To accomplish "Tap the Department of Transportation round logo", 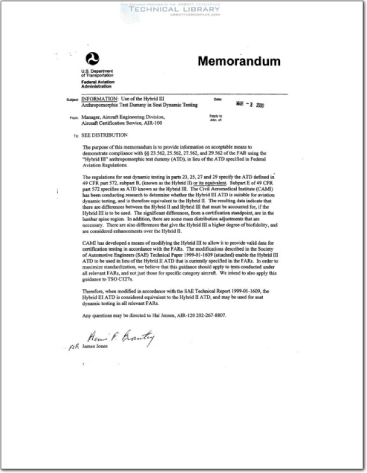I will [92, 59].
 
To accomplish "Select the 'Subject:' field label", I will [73, 100].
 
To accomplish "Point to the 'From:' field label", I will [74, 118].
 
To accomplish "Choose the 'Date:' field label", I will [217, 99].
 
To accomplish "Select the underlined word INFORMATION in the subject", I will [98, 99].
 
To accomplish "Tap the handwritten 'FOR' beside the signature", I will [73, 348].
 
